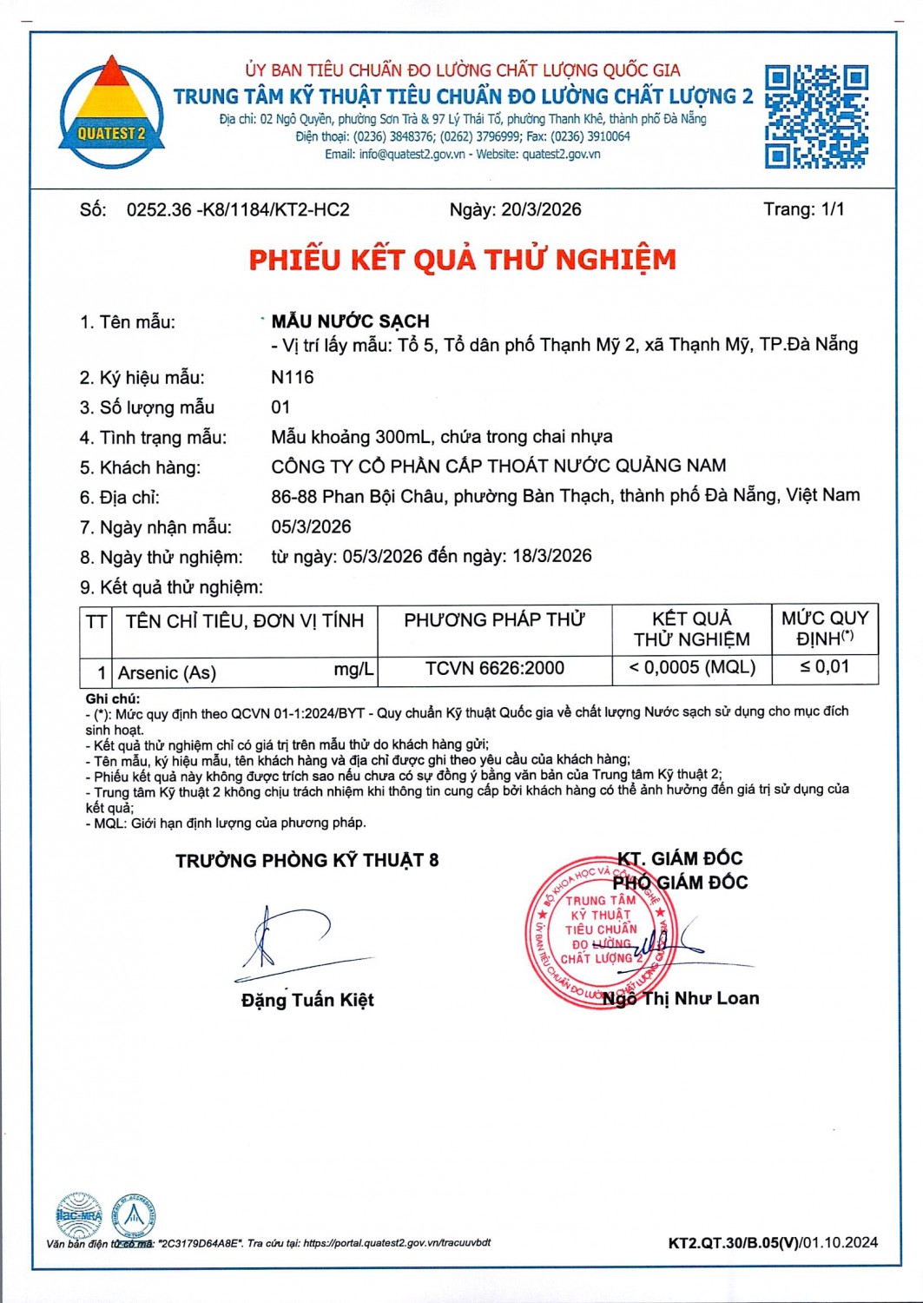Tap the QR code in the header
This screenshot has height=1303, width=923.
815,116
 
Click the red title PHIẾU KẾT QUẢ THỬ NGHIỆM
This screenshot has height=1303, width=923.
462,260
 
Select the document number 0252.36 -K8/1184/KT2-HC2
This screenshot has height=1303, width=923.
238,209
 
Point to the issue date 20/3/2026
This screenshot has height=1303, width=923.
541,209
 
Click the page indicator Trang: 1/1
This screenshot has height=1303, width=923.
803,209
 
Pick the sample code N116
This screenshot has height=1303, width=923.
293,377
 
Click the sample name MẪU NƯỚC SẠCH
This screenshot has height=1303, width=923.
350,321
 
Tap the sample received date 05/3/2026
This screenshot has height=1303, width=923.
311,526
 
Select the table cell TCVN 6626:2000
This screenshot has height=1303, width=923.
494,668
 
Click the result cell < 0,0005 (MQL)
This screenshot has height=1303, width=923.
692,667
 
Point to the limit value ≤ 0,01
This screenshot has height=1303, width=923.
824,667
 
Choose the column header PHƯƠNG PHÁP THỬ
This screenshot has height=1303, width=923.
494,619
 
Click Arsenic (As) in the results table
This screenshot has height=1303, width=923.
167,672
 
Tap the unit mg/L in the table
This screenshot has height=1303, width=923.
353,670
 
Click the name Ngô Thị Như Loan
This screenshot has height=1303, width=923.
681,998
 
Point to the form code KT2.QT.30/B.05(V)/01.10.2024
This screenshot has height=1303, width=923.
772,1242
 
